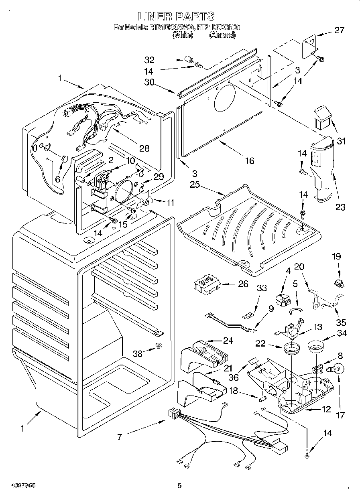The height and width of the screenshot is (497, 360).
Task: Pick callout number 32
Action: point(149,60)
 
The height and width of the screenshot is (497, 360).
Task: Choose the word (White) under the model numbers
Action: point(183,35)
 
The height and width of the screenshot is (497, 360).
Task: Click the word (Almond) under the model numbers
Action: point(222,35)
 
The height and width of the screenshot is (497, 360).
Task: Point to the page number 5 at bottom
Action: point(179,486)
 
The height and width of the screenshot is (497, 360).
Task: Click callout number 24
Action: point(228,341)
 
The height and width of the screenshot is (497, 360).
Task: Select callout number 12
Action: point(326,410)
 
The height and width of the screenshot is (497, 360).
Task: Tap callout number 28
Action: point(144,149)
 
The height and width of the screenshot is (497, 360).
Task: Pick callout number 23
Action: point(340,207)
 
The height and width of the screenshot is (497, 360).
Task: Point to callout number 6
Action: point(57,180)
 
